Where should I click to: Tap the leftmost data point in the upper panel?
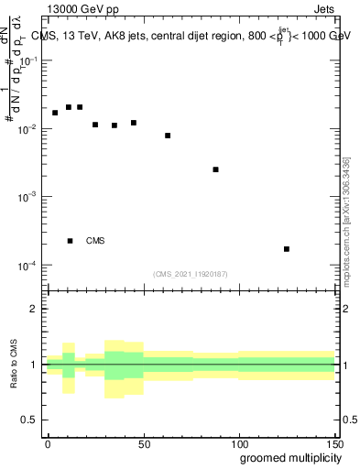pyautogui.click(x=55, y=113)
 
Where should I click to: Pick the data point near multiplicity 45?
pyautogui.click(x=134, y=123)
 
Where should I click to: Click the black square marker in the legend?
pyautogui.click(x=70, y=241)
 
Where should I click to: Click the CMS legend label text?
pyautogui.click(x=95, y=241)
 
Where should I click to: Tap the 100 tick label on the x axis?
pyautogui.click(x=238, y=443)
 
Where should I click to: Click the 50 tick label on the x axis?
pyautogui.click(x=143, y=443)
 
